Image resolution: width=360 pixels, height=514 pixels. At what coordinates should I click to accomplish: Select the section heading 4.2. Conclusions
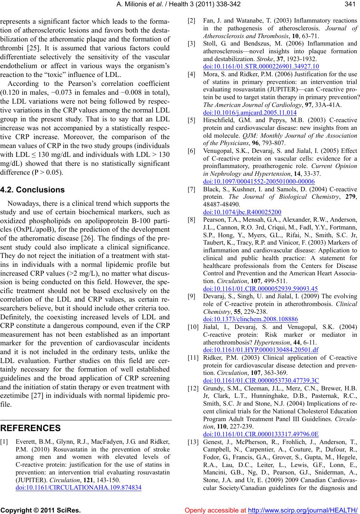33,190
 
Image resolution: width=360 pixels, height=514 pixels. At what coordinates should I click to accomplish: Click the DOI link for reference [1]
79,487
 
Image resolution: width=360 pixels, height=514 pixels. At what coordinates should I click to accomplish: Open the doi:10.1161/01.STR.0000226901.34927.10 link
261,67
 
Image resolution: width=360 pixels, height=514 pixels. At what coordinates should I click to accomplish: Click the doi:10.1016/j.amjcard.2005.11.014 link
250,112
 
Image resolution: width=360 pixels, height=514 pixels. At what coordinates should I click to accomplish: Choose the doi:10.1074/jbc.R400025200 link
242,212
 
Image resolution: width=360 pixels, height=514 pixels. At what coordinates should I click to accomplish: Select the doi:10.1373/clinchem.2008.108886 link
251,319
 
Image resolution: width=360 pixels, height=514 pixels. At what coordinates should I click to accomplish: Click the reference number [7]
192,189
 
